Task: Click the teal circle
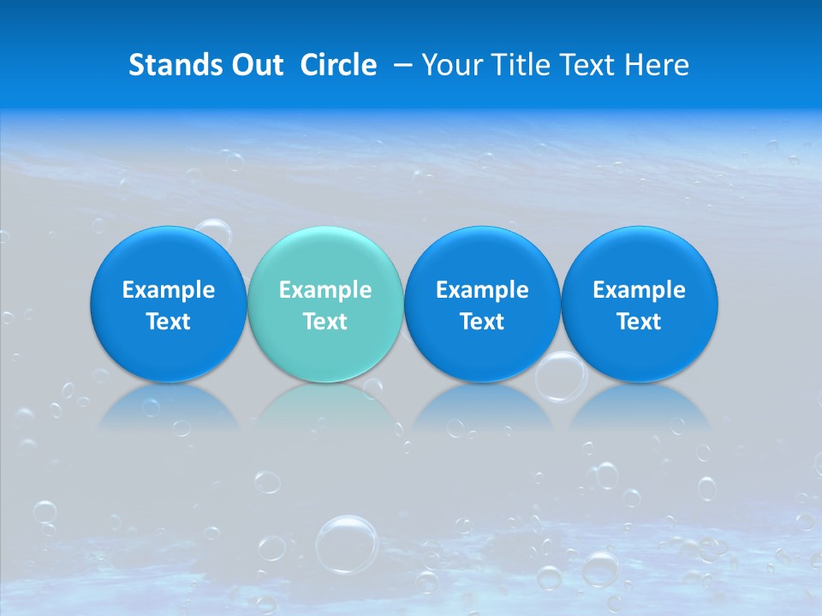tap(325, 304)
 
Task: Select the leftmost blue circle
tap(168, 304)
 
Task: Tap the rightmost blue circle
tap(639, 304)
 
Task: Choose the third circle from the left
tap(482, 304)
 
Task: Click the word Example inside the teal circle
tap(325, 290)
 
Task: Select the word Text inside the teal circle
tap(325, 322)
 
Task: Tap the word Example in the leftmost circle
tap(168, 290)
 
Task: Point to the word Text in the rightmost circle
tap(639, 322)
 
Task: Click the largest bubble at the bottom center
tap(347, 542)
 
